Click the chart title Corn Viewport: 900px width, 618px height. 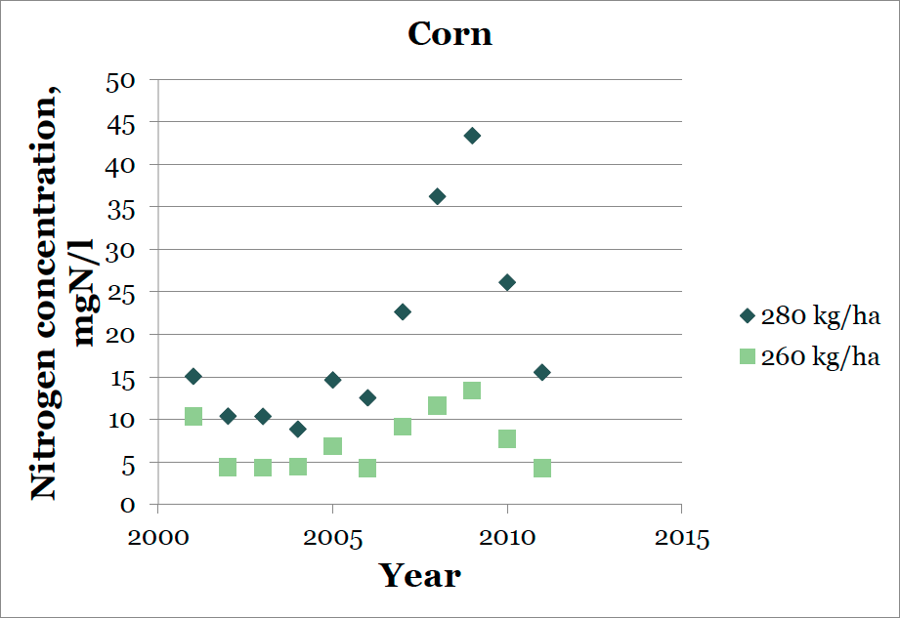[450, 34]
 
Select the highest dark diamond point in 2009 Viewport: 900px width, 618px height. [472, 136]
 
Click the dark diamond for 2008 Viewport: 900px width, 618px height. [438, 196]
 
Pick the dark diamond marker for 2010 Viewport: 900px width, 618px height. [507, 282]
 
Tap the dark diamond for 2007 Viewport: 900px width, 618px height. [403, 311]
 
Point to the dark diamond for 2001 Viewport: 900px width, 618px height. [193, 376]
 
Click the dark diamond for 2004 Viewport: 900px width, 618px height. [297, 429]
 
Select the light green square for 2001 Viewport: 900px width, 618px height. [193, 416]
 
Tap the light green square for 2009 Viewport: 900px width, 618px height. [472, 391]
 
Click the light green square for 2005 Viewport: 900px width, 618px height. [332, 445]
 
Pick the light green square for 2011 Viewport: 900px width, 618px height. [541, 468]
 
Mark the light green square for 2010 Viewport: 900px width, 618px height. [507, 438]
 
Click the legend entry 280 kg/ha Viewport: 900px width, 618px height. [810, 316]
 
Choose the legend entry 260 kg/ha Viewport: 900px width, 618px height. [810, 356]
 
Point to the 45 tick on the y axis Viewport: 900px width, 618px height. [120, 124]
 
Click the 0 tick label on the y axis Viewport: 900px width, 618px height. [127, 505]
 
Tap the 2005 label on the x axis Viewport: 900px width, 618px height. [333, 538]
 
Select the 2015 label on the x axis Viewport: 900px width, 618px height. [682, 538]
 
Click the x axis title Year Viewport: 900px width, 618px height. [419, 575]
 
